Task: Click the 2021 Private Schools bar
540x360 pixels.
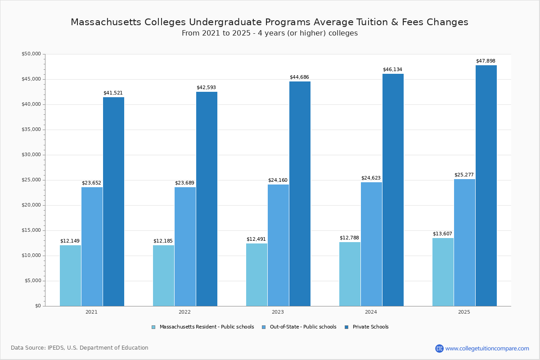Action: click(x=113, y=202)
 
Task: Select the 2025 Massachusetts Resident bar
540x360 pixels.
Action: click(x=443, y=272)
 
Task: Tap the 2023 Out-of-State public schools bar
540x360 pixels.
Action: click(x=278, y=245)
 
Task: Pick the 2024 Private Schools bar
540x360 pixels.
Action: click(x=393, y=190)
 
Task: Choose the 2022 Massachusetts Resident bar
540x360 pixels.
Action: click(x=163, y=275)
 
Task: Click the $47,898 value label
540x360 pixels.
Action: click(x=486, y=61)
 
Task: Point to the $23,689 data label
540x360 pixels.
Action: click(x=184, y=183)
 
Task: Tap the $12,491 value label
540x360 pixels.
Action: click(x=256, y=239)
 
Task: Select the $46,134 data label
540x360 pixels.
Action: click(x=392, y=70)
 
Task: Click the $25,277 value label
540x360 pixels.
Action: click(x=464, y=175)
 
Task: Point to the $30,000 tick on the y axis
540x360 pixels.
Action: click(x=31, y=155)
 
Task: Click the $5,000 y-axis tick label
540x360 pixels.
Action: click(x=32, y=281)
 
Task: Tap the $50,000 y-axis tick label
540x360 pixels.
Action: click(x=31, y=54)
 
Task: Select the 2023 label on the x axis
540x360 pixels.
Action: click(x=278, y=312)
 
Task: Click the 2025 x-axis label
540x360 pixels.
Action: click(x=464, y=312)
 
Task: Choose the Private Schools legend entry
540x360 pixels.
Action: click(x=370, y=327)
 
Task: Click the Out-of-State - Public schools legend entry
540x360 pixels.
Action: click(x=303, y=327)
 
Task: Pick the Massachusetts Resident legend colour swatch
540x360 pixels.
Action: click(x=153, y=327)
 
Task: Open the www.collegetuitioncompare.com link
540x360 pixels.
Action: click(x=487, y=348)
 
